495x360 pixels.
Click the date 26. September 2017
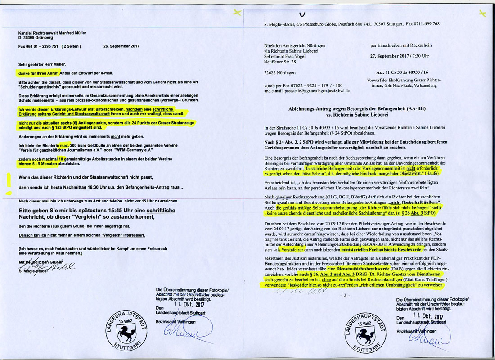coord(122,46)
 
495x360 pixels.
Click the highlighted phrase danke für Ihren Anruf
coord(37,73)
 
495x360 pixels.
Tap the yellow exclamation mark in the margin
coord(8,184)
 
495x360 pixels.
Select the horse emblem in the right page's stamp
coord(364,333)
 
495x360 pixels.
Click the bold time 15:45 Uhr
coord(115,211)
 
